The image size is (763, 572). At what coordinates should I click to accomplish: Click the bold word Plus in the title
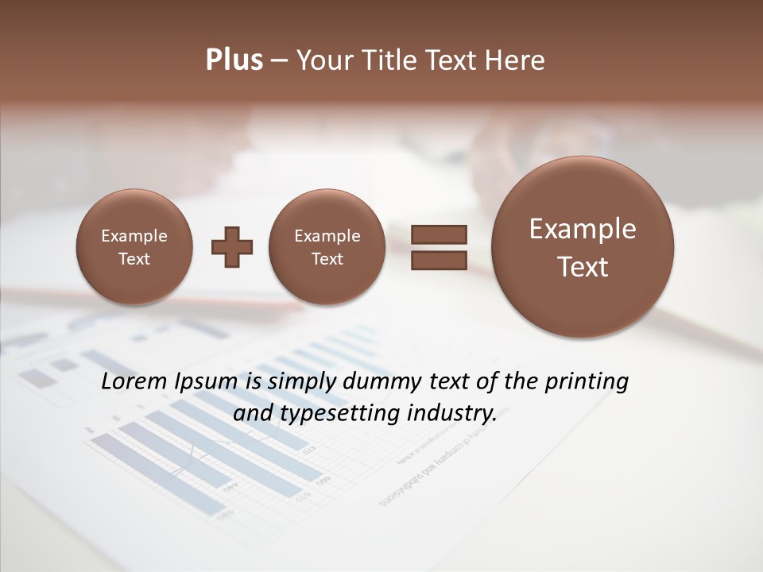(x=234, y=60)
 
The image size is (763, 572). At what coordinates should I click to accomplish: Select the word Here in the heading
(x=516, y=60)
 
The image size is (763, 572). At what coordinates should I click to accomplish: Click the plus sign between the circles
(x=232, y=247)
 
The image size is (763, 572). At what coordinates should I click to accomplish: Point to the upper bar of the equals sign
(x=439, y=234)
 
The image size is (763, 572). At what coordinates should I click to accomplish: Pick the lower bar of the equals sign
(x=439, y=260)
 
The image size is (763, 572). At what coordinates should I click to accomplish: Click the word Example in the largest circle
(x=583, y=229)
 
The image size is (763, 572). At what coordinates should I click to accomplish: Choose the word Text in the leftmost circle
(x=134, y=259)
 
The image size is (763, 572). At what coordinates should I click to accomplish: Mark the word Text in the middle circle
(x=327, y=259)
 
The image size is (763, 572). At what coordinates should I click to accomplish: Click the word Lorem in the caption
(x=133, y=381)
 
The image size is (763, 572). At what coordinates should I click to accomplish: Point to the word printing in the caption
(x=587, y=382)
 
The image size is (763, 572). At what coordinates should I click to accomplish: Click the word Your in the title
(x=326, y=60)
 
